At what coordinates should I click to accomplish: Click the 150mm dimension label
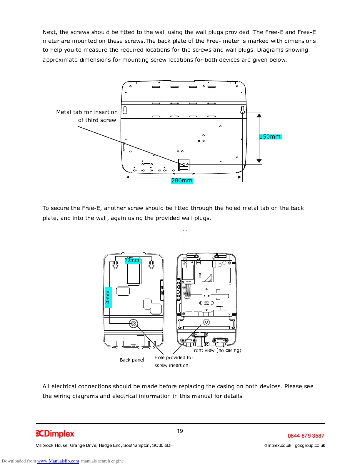(270, 137)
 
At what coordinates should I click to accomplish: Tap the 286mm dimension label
(182, 181)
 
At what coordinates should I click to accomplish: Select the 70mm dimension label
(132, 260)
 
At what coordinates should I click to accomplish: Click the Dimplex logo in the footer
(55, 434)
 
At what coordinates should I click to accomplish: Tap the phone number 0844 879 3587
(306, 436)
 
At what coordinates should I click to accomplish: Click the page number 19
(180, 431)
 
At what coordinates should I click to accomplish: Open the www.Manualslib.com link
(58, 461)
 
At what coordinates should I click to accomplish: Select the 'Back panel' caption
(132, 360)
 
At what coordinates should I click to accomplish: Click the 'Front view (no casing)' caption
(216, 350)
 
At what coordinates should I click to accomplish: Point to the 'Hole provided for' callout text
(174, 358)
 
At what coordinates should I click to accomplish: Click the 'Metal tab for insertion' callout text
(87, 112)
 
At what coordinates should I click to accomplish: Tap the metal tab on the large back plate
(184, 165)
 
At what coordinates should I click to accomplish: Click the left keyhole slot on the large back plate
(125, 111)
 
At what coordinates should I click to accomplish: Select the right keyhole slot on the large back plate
(243, 111)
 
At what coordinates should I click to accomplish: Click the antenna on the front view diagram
(185, 243)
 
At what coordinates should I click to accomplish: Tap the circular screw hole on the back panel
(134, 324)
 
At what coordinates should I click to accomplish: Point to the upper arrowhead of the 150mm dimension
(259, 116)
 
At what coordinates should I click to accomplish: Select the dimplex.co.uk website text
(278, 445)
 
